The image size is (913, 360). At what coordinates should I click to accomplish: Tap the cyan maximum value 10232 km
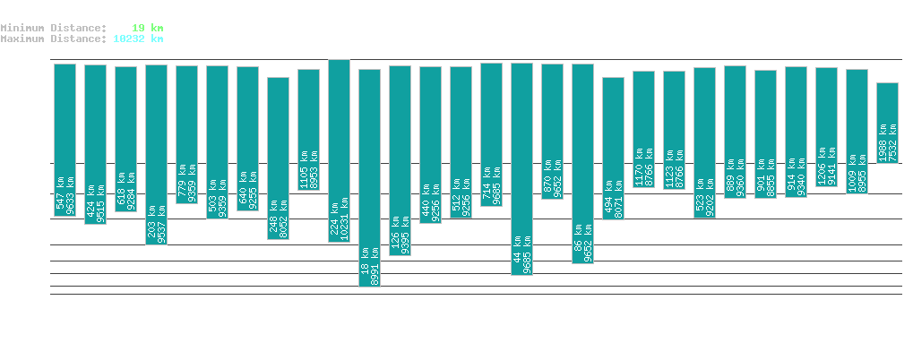point(138,39)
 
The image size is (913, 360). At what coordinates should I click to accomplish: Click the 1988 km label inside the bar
point(883,143)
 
